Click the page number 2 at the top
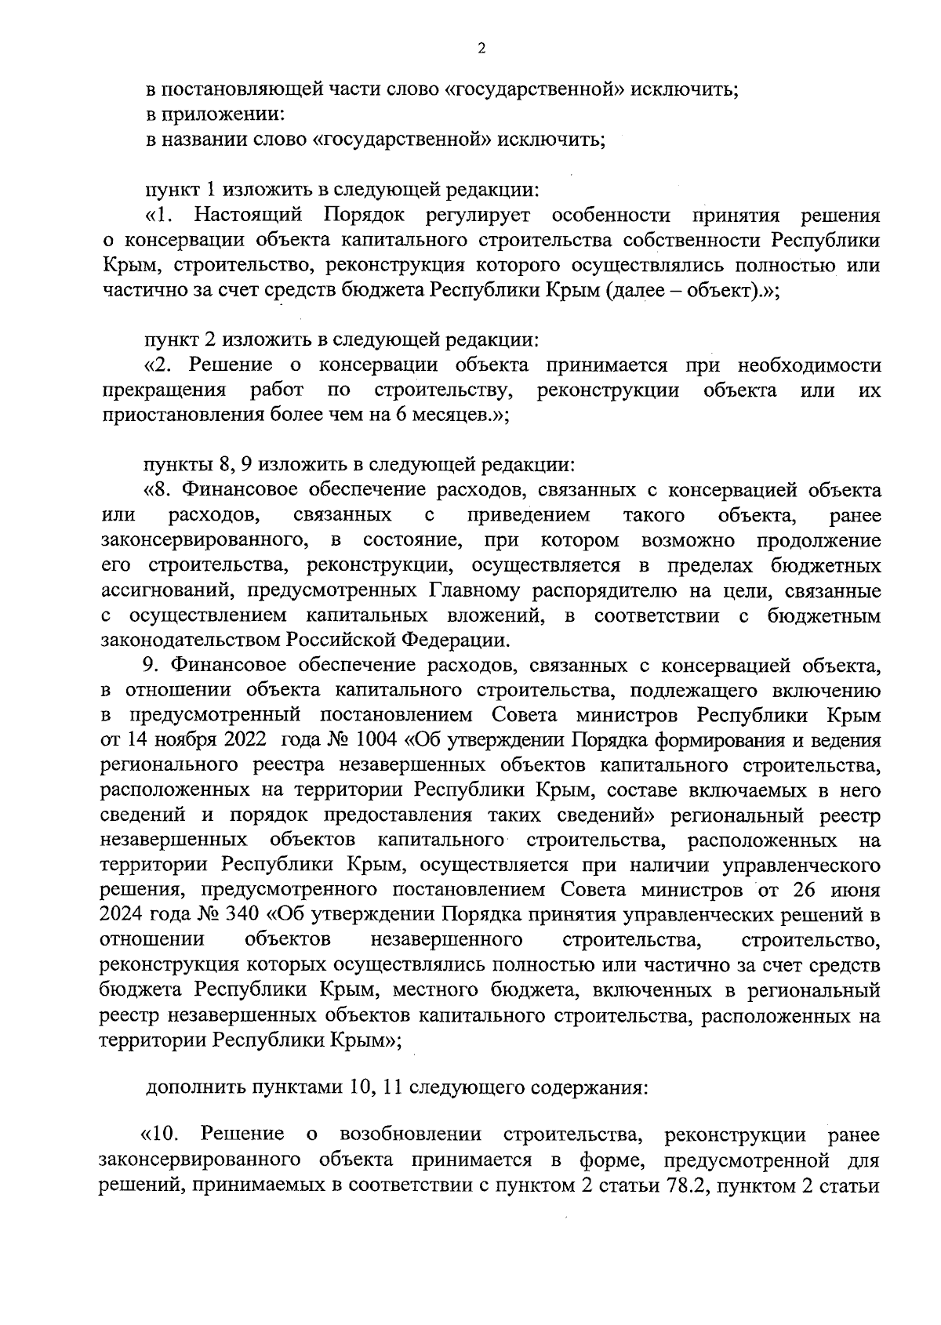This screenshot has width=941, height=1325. pyautogui.click(x=481, y=49)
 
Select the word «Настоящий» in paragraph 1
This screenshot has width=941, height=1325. pyautogui.click(x=247, y=215)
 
